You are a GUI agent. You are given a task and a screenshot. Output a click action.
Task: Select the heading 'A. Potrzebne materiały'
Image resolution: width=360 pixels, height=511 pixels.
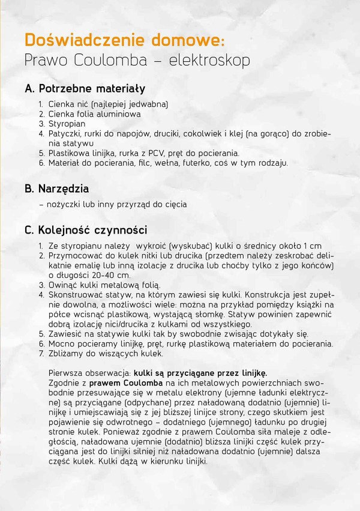pos(85,89)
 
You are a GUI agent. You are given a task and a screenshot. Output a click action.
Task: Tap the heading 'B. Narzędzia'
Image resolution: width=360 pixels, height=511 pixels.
pos(56,189)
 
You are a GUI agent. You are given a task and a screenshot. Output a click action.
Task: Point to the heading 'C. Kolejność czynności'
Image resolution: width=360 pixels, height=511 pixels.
pos(86,230)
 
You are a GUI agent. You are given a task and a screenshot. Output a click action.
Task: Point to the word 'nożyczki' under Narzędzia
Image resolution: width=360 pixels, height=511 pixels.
pos(62,204)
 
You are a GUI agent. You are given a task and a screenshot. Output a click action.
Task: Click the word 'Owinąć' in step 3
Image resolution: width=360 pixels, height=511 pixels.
pos(62,285)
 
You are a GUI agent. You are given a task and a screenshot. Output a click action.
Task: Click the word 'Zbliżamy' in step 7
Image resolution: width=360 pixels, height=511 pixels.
pos(65,354)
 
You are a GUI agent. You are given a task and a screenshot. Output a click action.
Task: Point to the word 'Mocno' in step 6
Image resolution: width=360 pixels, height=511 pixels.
pos(61,344)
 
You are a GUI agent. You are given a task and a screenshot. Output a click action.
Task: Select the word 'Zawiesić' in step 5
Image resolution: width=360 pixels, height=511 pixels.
pos(65,334)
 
